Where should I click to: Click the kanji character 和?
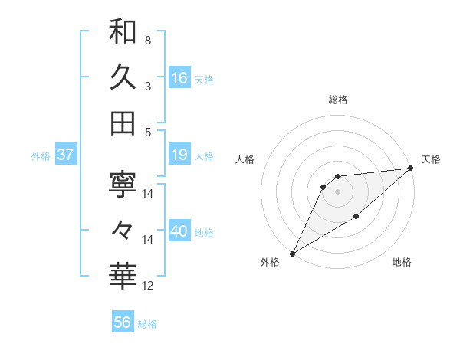point(123,31)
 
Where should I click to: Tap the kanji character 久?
point(123,77)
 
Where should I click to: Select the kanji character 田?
point(123,123)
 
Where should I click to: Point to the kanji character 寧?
point(123,184)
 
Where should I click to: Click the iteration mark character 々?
point(123,229)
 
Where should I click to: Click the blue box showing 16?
point(179,77)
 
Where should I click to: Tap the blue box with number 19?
point(179,155)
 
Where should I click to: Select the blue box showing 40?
point(179,232)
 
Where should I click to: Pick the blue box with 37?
point(65,155)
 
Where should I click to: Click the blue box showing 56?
point(123,322)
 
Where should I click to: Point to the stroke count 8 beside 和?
point(147,40)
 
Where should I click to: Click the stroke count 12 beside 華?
point(148,286)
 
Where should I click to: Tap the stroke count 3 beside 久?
point(147,87)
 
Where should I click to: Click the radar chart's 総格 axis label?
point(337,100)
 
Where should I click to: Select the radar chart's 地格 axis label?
point(402,263)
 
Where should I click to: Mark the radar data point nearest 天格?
point(411,168)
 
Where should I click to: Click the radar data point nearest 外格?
point(292,253)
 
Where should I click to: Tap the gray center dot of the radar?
point(337,191)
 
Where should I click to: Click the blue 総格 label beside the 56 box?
point(147,324)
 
